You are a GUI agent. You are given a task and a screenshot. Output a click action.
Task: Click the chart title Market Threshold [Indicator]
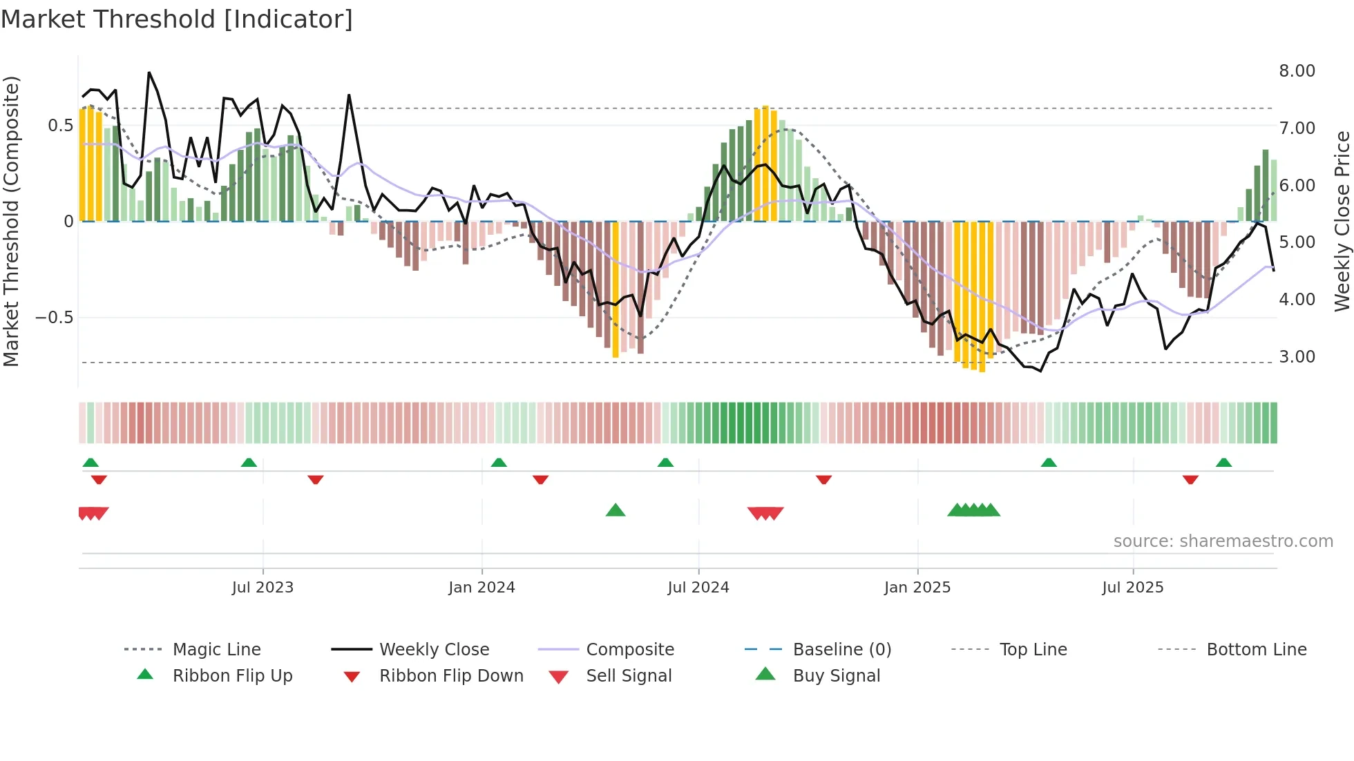click(x=177, y=19)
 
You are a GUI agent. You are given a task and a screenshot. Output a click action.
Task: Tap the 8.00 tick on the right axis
click(x=1297, y=71)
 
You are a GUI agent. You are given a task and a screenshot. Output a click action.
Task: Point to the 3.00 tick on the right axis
click(x=1297, y=357)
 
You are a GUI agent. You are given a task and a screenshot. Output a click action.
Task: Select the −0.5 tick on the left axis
click(x=54, y=318)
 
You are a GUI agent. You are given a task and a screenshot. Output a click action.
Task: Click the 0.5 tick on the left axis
click(x=60, y=126)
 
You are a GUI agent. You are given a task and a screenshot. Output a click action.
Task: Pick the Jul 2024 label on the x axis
click(x=698, y=588)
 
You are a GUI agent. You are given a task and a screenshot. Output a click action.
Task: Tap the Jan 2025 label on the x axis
click(x=917, y=588)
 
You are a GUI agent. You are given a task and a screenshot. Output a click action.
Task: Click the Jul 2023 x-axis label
click(x=263, y=588)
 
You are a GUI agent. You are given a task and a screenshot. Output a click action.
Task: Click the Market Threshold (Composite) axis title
click(x=11, y=221)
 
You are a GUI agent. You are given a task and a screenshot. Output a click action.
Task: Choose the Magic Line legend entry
click(x=216, y=650)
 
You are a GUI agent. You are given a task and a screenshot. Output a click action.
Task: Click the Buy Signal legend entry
click(x=836, y=676)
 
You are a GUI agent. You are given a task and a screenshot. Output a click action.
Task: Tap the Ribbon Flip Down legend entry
click(x=451, y=676)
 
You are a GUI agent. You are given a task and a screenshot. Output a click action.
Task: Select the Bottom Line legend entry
click(x=1256, y=650)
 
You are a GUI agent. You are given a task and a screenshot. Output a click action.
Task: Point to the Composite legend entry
click(x=629, y=650)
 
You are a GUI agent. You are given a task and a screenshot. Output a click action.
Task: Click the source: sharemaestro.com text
click(x=1223, y=541)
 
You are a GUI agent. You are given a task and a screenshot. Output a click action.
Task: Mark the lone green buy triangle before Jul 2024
click(x=615, y=510)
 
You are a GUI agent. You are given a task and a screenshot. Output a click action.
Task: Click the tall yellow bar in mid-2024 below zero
click(x=616, y=290)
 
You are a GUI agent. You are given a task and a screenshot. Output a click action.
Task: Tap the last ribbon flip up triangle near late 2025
click(x=1223, y=463)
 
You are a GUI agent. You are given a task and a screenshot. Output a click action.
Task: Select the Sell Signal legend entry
click(x=629, y=676)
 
